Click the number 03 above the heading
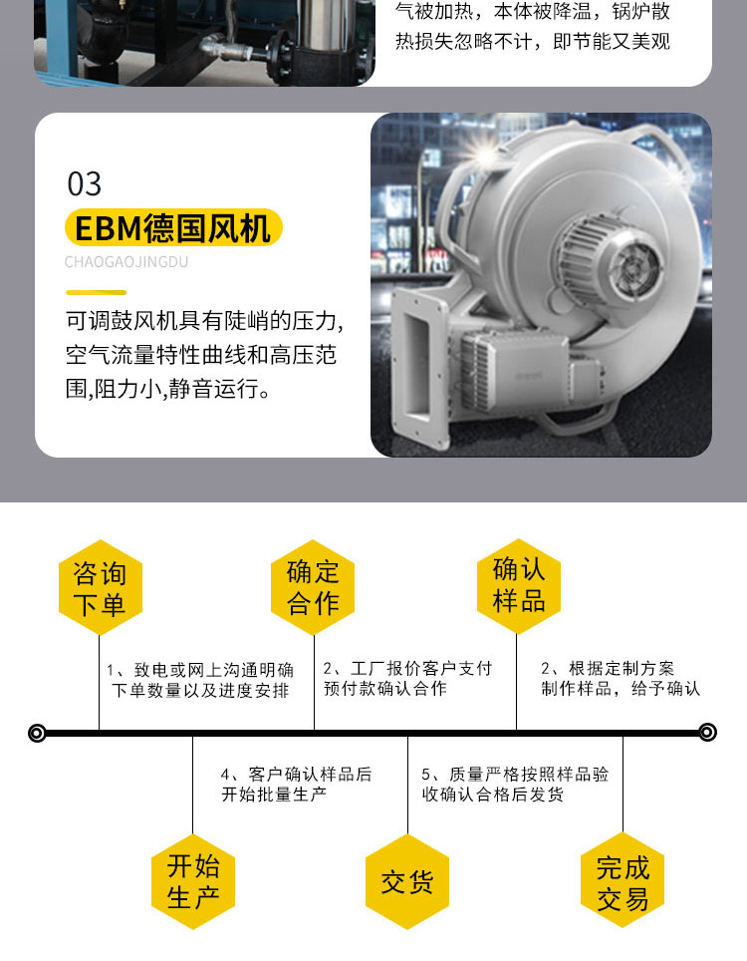(85, 183)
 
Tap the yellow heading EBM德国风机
(173, 228)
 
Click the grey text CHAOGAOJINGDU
(126, 262)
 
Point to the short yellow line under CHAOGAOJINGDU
(97, 292)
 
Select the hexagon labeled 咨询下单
(101, 587)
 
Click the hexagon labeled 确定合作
(313, 587)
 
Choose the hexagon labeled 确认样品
(519, 586)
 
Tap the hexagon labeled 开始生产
(193, 882)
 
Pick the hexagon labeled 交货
(407, 882)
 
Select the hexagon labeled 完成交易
(622, 880)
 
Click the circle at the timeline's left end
(38, 733)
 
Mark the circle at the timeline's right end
(708, 732)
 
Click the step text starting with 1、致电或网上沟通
(199, 680)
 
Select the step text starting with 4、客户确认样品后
(297, 785)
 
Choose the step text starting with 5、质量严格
(515, 785)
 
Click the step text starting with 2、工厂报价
(407, 679)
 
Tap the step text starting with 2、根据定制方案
(621, 679)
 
